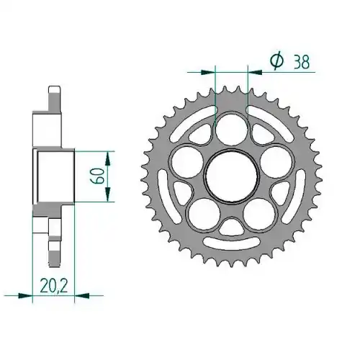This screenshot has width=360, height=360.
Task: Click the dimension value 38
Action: coord(302,62)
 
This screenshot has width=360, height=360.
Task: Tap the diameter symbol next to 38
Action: coord(276,61)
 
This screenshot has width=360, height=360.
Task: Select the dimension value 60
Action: coord(98,176)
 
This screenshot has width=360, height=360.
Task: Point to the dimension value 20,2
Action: coord(54,285)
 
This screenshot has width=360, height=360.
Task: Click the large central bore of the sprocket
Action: coord(232,176)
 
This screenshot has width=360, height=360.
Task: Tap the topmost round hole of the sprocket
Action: coord(232,130)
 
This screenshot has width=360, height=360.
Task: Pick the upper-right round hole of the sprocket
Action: coord(276,162)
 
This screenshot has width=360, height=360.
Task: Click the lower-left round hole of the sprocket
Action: coord(204,215)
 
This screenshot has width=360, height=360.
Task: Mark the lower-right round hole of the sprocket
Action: coord(259,215)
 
